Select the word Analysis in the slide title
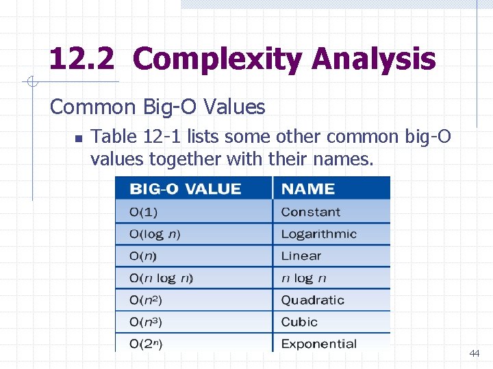[x=373, y=59]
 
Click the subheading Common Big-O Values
[x=157, y=107]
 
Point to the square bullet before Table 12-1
[x=78, y=138]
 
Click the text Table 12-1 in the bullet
[x=134, y=137]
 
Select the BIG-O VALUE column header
[x=186, y=189]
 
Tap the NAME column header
[x=308, y=189]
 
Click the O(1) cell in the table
[x=144, y=212]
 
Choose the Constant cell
[x=310, y=212]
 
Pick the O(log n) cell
[x=155, y=234]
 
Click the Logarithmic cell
[x=318, y=234]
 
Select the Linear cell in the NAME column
[x=301, y=256]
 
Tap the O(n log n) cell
[x=162, y=278]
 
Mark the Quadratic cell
[x=312, y=300]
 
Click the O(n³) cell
[x=146, y=322]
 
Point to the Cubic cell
[x=299, y=322]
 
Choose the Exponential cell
[x=318, y=344]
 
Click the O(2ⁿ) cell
[x=146, y=344]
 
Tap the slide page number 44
[x=474, y=353]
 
